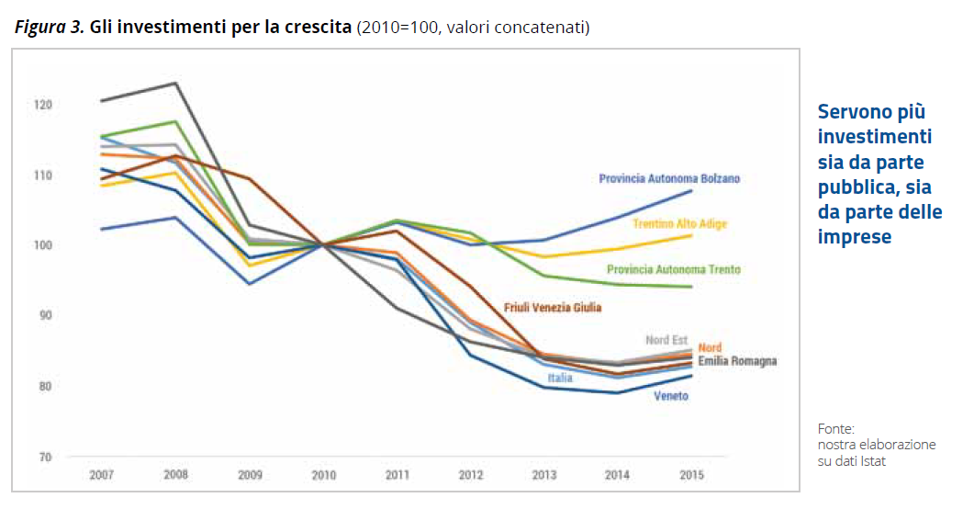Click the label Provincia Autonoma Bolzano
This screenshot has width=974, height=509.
pos(669,178)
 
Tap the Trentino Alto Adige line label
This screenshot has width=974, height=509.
pos(680,223)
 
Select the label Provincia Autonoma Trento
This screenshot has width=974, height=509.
pos(673,270)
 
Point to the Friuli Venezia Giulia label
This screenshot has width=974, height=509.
pos(553,308)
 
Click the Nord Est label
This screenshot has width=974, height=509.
pos(666,341)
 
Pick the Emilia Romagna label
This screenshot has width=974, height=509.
pos(737,361)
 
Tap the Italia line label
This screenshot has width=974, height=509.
pos(560,378)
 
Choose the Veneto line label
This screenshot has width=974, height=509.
pos(670,396)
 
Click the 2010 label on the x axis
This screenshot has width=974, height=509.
pos(322,476)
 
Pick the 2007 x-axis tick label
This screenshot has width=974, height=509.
pos(101,476)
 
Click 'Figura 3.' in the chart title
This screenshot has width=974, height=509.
pos(50,28)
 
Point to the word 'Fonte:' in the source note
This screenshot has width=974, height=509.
pos(835,428)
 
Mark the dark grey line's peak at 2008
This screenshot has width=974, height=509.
pos(174,84)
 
